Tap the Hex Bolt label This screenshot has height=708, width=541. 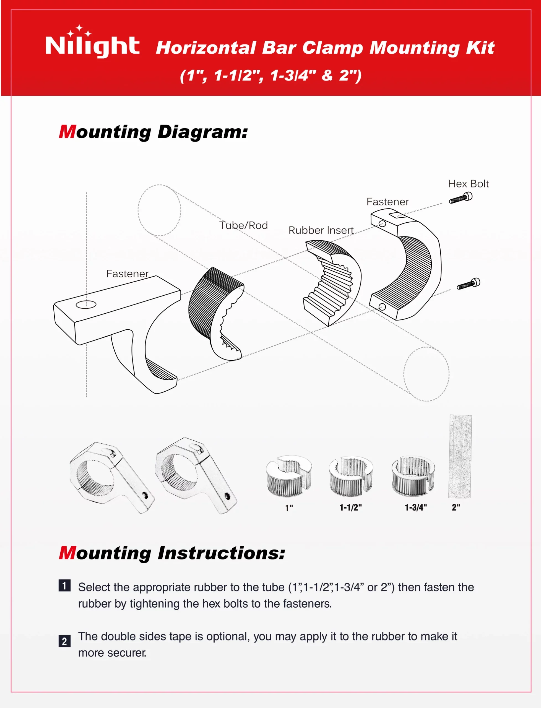(x=468, y=184)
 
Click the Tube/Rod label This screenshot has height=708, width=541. (x=243, y=225)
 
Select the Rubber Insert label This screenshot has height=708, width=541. (x=321, y=230)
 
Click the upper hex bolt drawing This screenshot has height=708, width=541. (x=461, y=198)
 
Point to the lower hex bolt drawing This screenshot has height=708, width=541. (x=469, y=284)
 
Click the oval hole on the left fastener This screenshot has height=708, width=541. (x=86, y=304)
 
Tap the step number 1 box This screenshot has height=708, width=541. (x=64, y=586)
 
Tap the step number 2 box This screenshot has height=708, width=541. (x=64, y=641)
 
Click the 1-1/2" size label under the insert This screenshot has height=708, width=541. (x=350, y=508)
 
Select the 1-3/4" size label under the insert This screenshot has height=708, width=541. (x=415, y=508)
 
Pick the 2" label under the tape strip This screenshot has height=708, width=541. (x=456, y=508)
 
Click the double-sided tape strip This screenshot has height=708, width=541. (x=461, y=456)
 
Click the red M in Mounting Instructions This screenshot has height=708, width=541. (x=67, y=553)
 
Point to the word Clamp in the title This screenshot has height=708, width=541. (x=332, y=48)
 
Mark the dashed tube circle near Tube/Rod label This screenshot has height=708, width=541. (x=159, y=210)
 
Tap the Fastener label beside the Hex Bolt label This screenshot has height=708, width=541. (x=387, y=202)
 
